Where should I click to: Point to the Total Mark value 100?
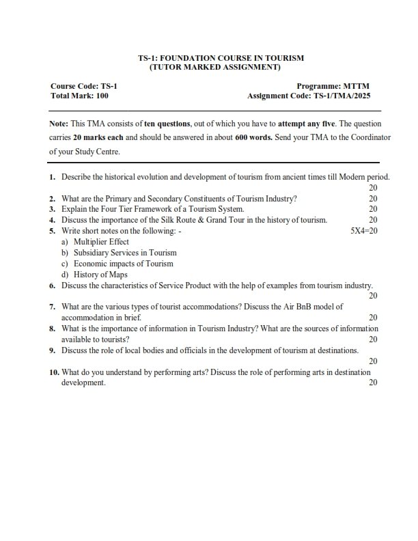coord(102,96)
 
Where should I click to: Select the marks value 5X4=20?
coord(363,231)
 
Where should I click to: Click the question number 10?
coord(54,373)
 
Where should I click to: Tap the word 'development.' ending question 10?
coord(83,383)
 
